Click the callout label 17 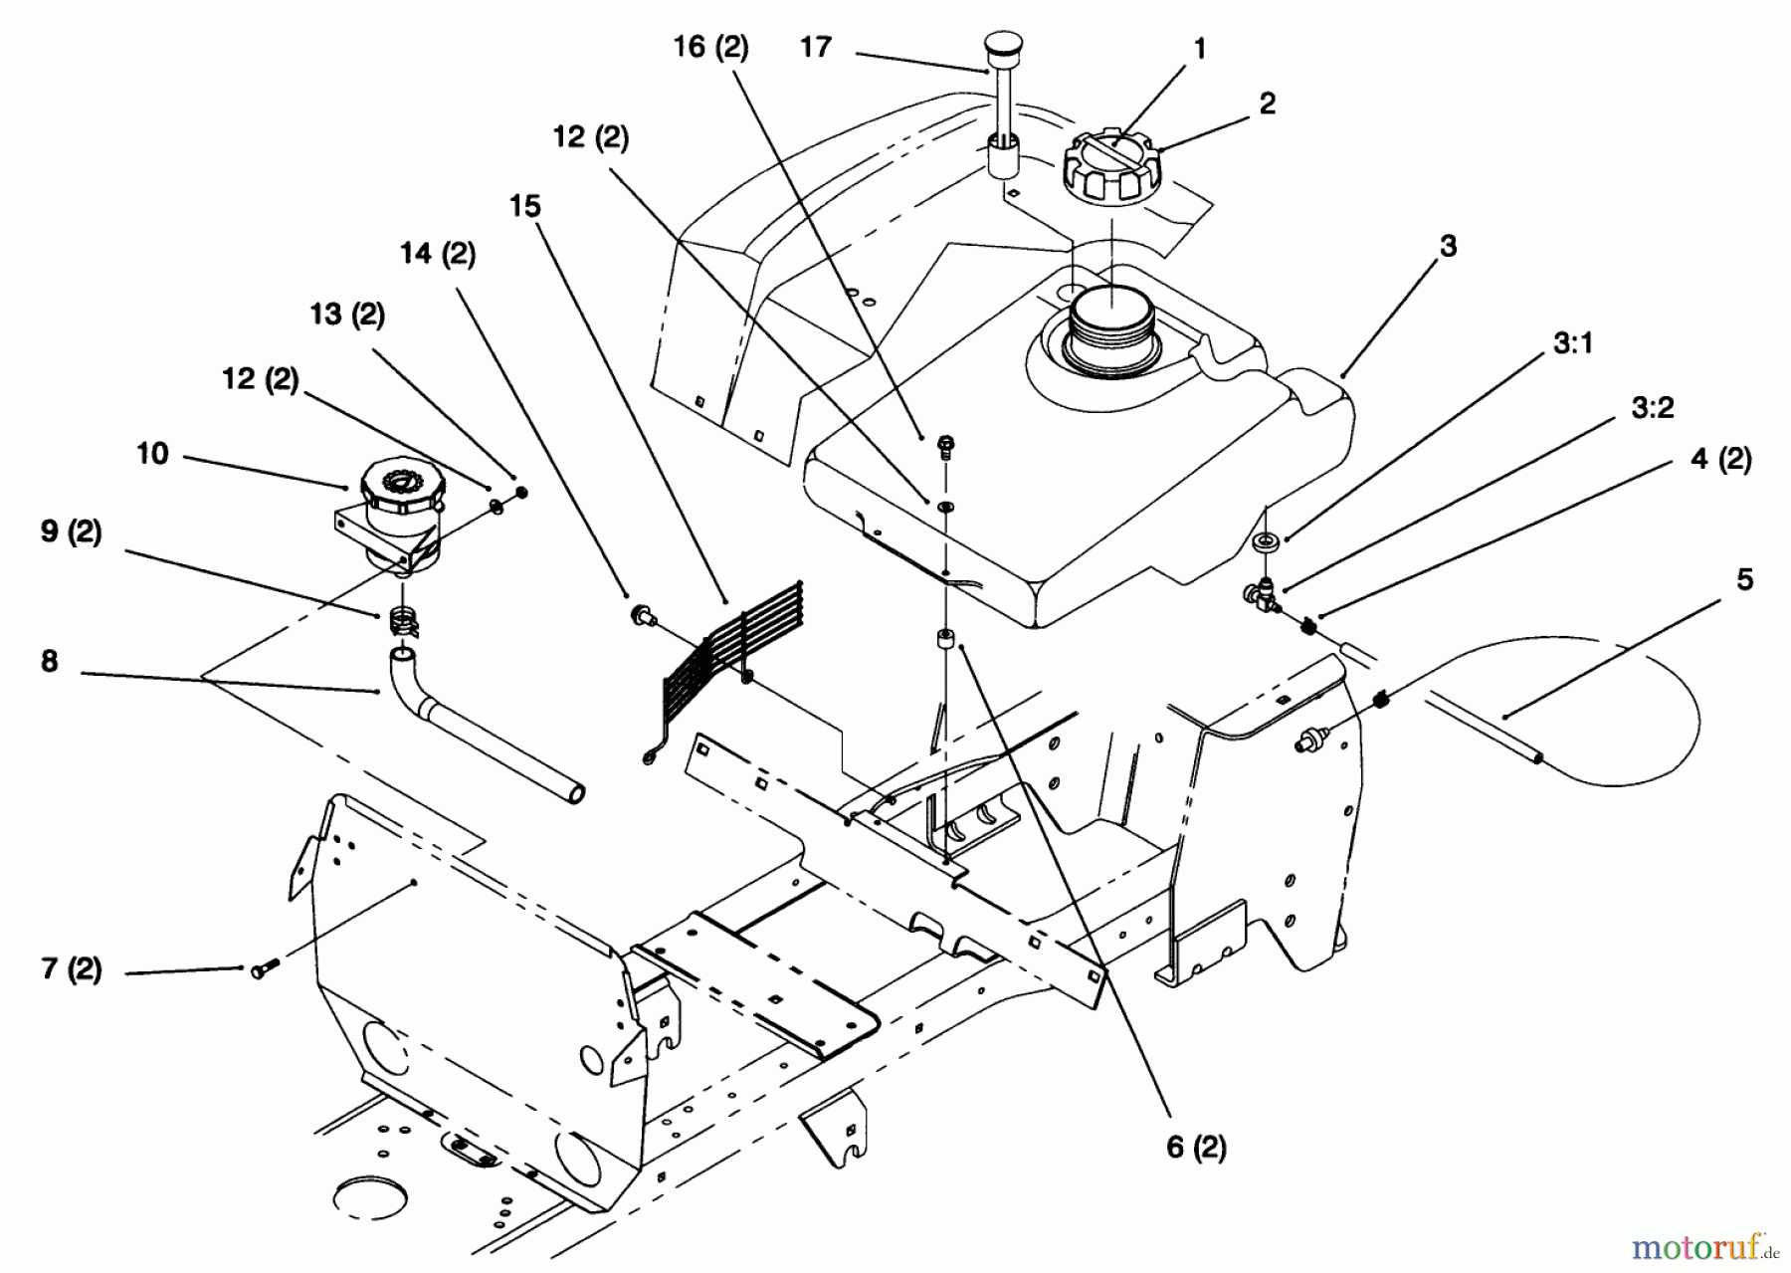click(816, 47)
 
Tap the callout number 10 click(153, 454)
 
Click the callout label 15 click(525, 206)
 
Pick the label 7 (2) click(72, 968)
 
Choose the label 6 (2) click(1196, 1148)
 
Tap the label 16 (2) click(710, 47)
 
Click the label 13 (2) click(347, 315)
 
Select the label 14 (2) click(438, 255)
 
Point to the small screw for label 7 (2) click(260, 964)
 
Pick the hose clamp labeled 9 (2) click(399, 622)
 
